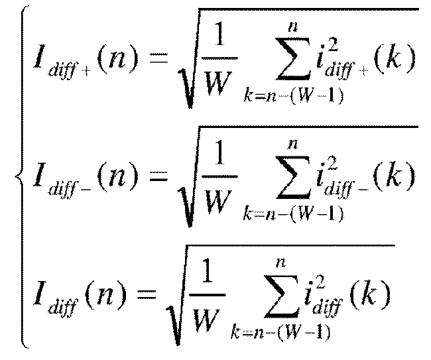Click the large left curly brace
[x=21, y=176]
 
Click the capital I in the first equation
[x=39, y=56]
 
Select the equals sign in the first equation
[x=158, y=58]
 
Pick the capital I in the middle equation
[x=39, y=174]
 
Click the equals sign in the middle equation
[x=158, y=176]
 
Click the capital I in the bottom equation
[x=39, y=293]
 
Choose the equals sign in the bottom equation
[x=147, y=294]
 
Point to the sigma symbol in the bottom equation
[x=281, y=296]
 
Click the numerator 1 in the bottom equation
[x=208, y=270]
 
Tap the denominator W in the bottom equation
[x=206, y=320]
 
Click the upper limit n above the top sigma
[x=293, y=27]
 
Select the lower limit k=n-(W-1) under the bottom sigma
[x=280, y=332]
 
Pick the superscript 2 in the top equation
[x=332, y=45]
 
